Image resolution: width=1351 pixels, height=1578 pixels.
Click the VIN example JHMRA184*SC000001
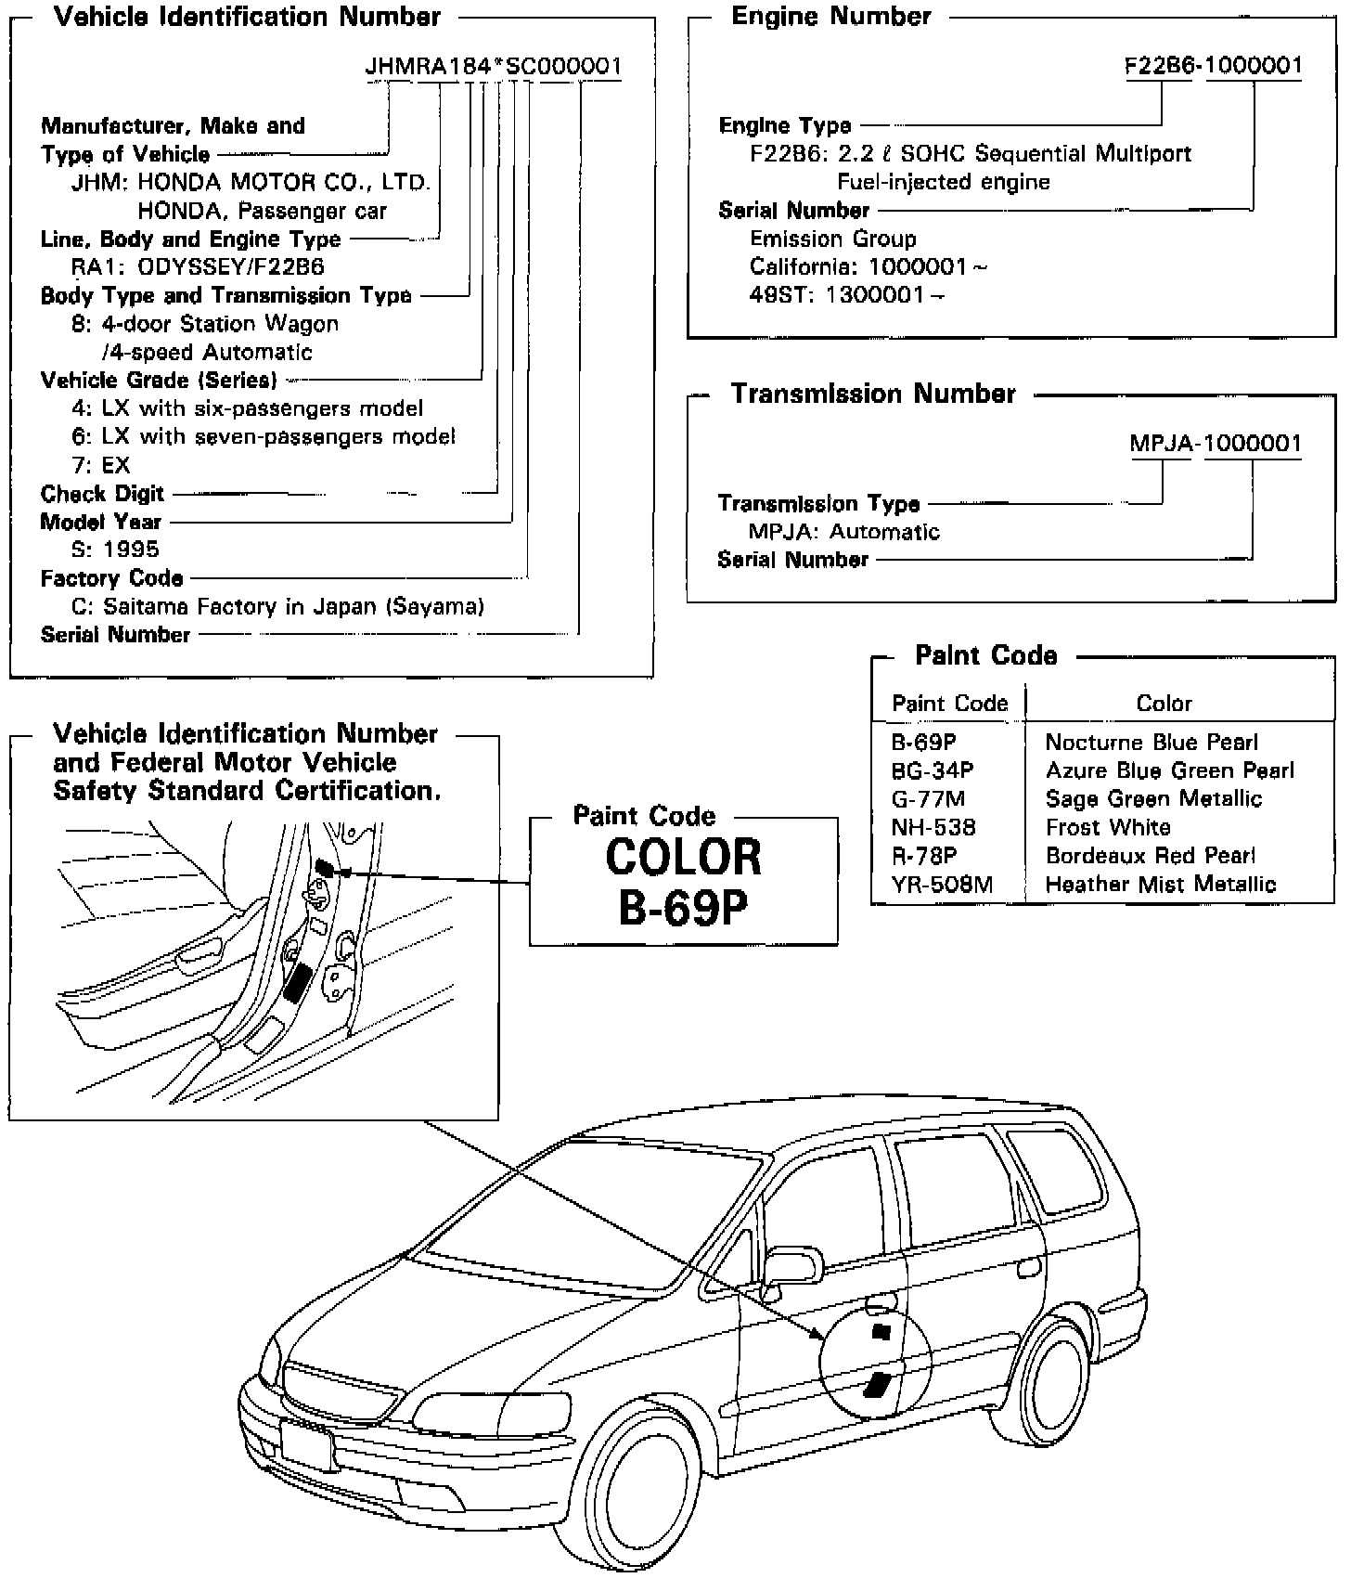coord(493,67)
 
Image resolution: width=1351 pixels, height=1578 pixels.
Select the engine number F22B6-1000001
coord(1214,65)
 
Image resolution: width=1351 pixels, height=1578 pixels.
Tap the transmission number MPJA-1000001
coord(1216,444)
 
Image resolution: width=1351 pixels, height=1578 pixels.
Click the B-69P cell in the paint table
coord(924,743)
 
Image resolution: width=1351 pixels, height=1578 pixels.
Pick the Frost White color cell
coord(1108,827)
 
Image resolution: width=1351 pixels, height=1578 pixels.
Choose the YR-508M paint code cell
coord(942,885)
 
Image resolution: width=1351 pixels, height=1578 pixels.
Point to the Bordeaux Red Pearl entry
coord(1150,856)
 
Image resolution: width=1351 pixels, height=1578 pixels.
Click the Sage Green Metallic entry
coord(1153,799)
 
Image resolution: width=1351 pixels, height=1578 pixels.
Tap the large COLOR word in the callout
coord(683,858)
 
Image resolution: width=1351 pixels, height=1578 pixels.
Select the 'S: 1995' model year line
coord(115,550)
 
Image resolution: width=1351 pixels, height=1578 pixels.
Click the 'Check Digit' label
coord(102,494)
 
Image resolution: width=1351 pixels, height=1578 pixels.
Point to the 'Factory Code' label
coord(111,578)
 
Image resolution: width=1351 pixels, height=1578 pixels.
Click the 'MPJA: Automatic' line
coord(843,532)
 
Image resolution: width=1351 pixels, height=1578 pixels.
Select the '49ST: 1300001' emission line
coord(846,295)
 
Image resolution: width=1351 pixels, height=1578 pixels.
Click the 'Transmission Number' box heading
coord(873,394)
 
